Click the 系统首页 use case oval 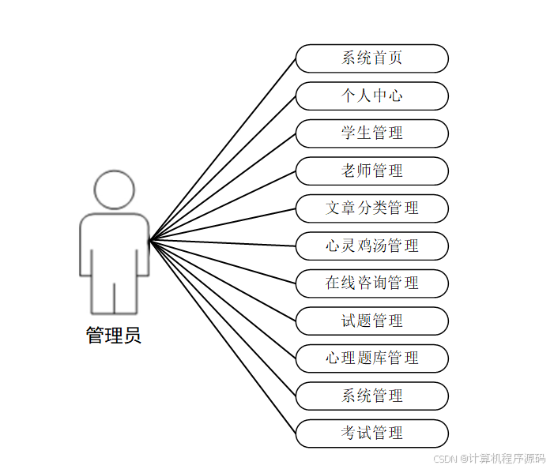tap(371, 58)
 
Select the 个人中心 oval tap(371, 96)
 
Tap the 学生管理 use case tap(371, 133)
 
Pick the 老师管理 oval tap(371, 171)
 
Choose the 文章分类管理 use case tap(371, 208)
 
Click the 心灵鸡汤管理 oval tap(371, 246)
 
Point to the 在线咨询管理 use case tap(371, 283)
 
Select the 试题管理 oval tap(371, 321)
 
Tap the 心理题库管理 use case tap(371, 358)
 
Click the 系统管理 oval tap(371, 396)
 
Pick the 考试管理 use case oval tap(371, 433)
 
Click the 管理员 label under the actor tap(114, 336)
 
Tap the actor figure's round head tap(115, 190)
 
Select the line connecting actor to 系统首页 tap(223, 148)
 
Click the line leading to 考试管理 tap(223, 336)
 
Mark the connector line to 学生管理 tap(223, 186)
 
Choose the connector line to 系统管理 tap(223, 317)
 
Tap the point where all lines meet tap(150, 239)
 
